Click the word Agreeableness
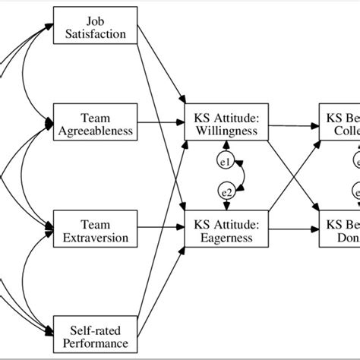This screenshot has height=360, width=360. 96,131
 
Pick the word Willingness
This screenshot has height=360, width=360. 226,130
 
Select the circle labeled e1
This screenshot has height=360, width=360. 226,162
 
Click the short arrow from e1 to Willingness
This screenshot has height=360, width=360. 226,147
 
